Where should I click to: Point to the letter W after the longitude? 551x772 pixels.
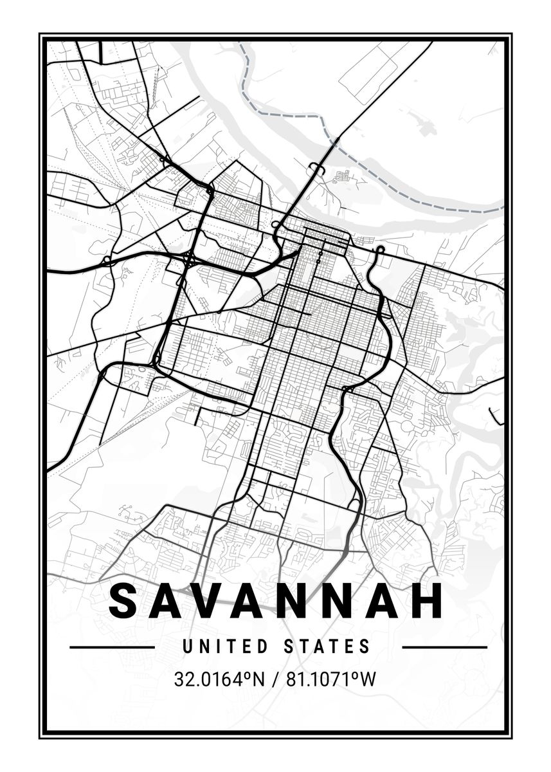[367, 679]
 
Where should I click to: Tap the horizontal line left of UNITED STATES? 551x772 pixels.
[112, 647]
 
